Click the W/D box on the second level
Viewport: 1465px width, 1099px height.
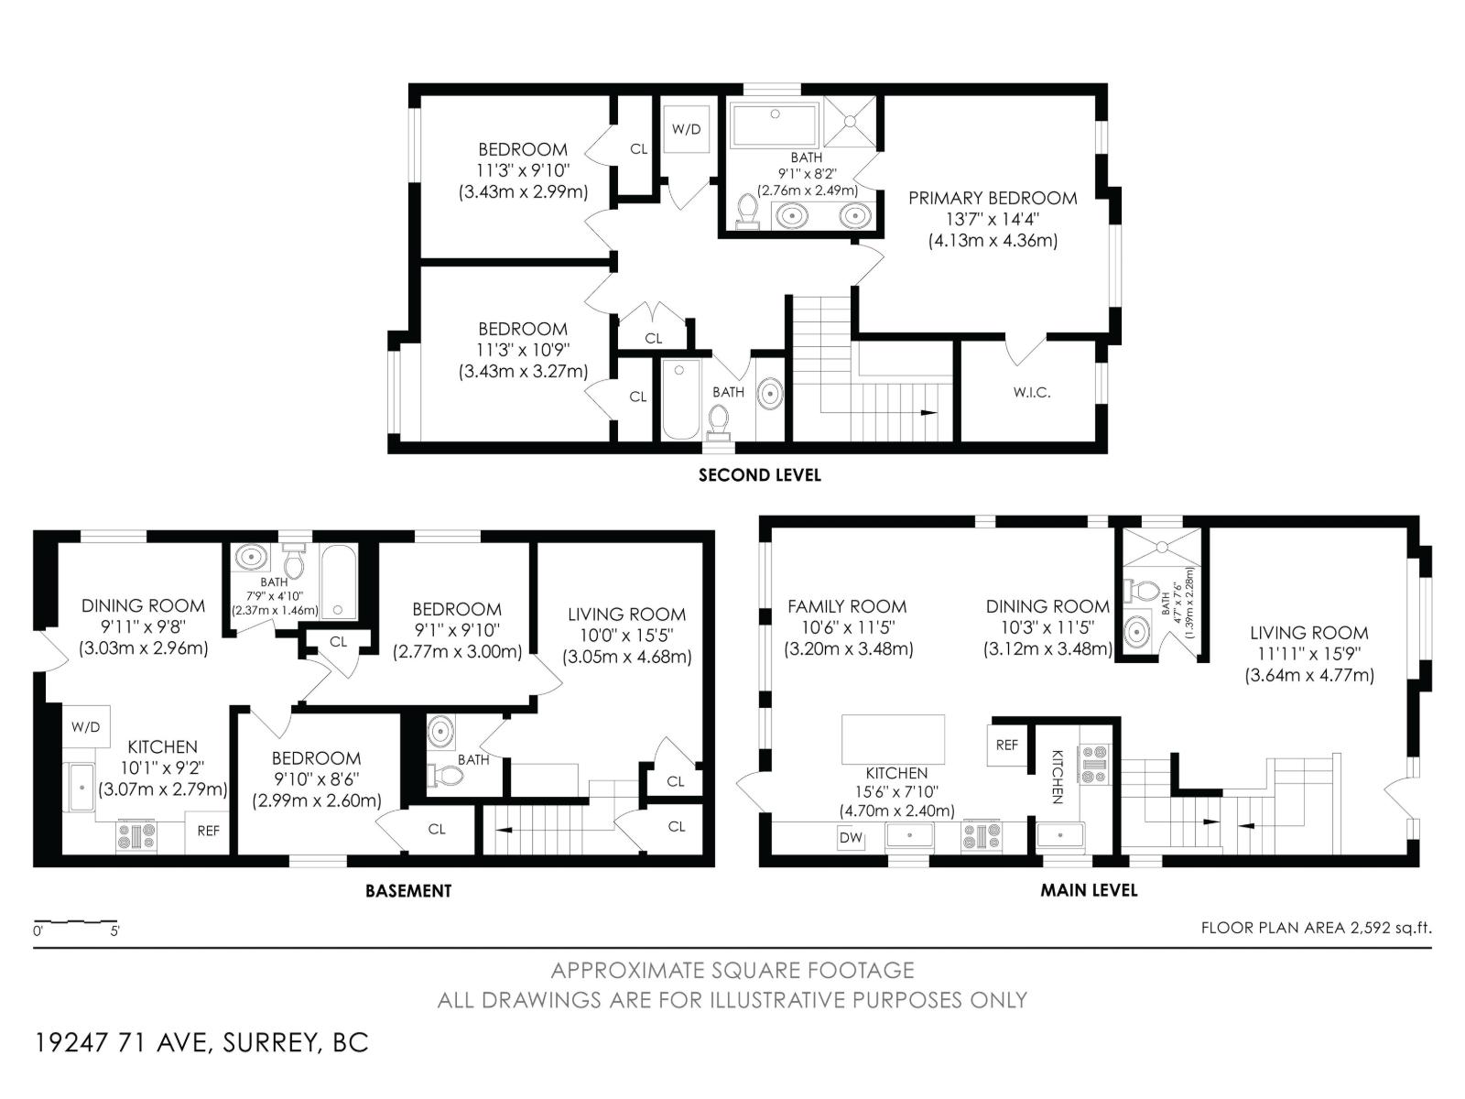click(x=686, y=129)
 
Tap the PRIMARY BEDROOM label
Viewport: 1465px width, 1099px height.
click(x=993, y=198)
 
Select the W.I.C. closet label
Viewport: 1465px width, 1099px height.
click(x=1031, y=393)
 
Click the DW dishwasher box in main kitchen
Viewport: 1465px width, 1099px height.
click(x=850, y=837)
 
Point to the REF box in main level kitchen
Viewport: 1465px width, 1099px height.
click(x=1006, y=745)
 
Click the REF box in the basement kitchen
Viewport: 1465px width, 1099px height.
click(x=208, y=832)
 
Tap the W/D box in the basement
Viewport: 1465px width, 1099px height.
click(x=86, y=728)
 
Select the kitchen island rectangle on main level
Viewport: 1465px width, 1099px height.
click(x=893, y=739)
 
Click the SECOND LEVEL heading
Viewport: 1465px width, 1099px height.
click(x=759, y=475)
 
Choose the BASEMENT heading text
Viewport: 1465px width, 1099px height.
click(x=408, y=890)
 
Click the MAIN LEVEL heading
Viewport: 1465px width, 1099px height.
click(x=1089, y=890)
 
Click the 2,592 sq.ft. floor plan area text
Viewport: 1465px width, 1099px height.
click(x=1316, y=928)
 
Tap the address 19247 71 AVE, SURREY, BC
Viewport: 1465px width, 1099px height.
click(x=201, y=1043)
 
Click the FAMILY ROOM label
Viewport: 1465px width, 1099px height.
click(x=847, y=606)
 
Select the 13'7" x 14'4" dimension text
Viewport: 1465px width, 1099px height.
click(x=993, y=220)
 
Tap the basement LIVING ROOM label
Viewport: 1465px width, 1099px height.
click(x=626, y=615)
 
